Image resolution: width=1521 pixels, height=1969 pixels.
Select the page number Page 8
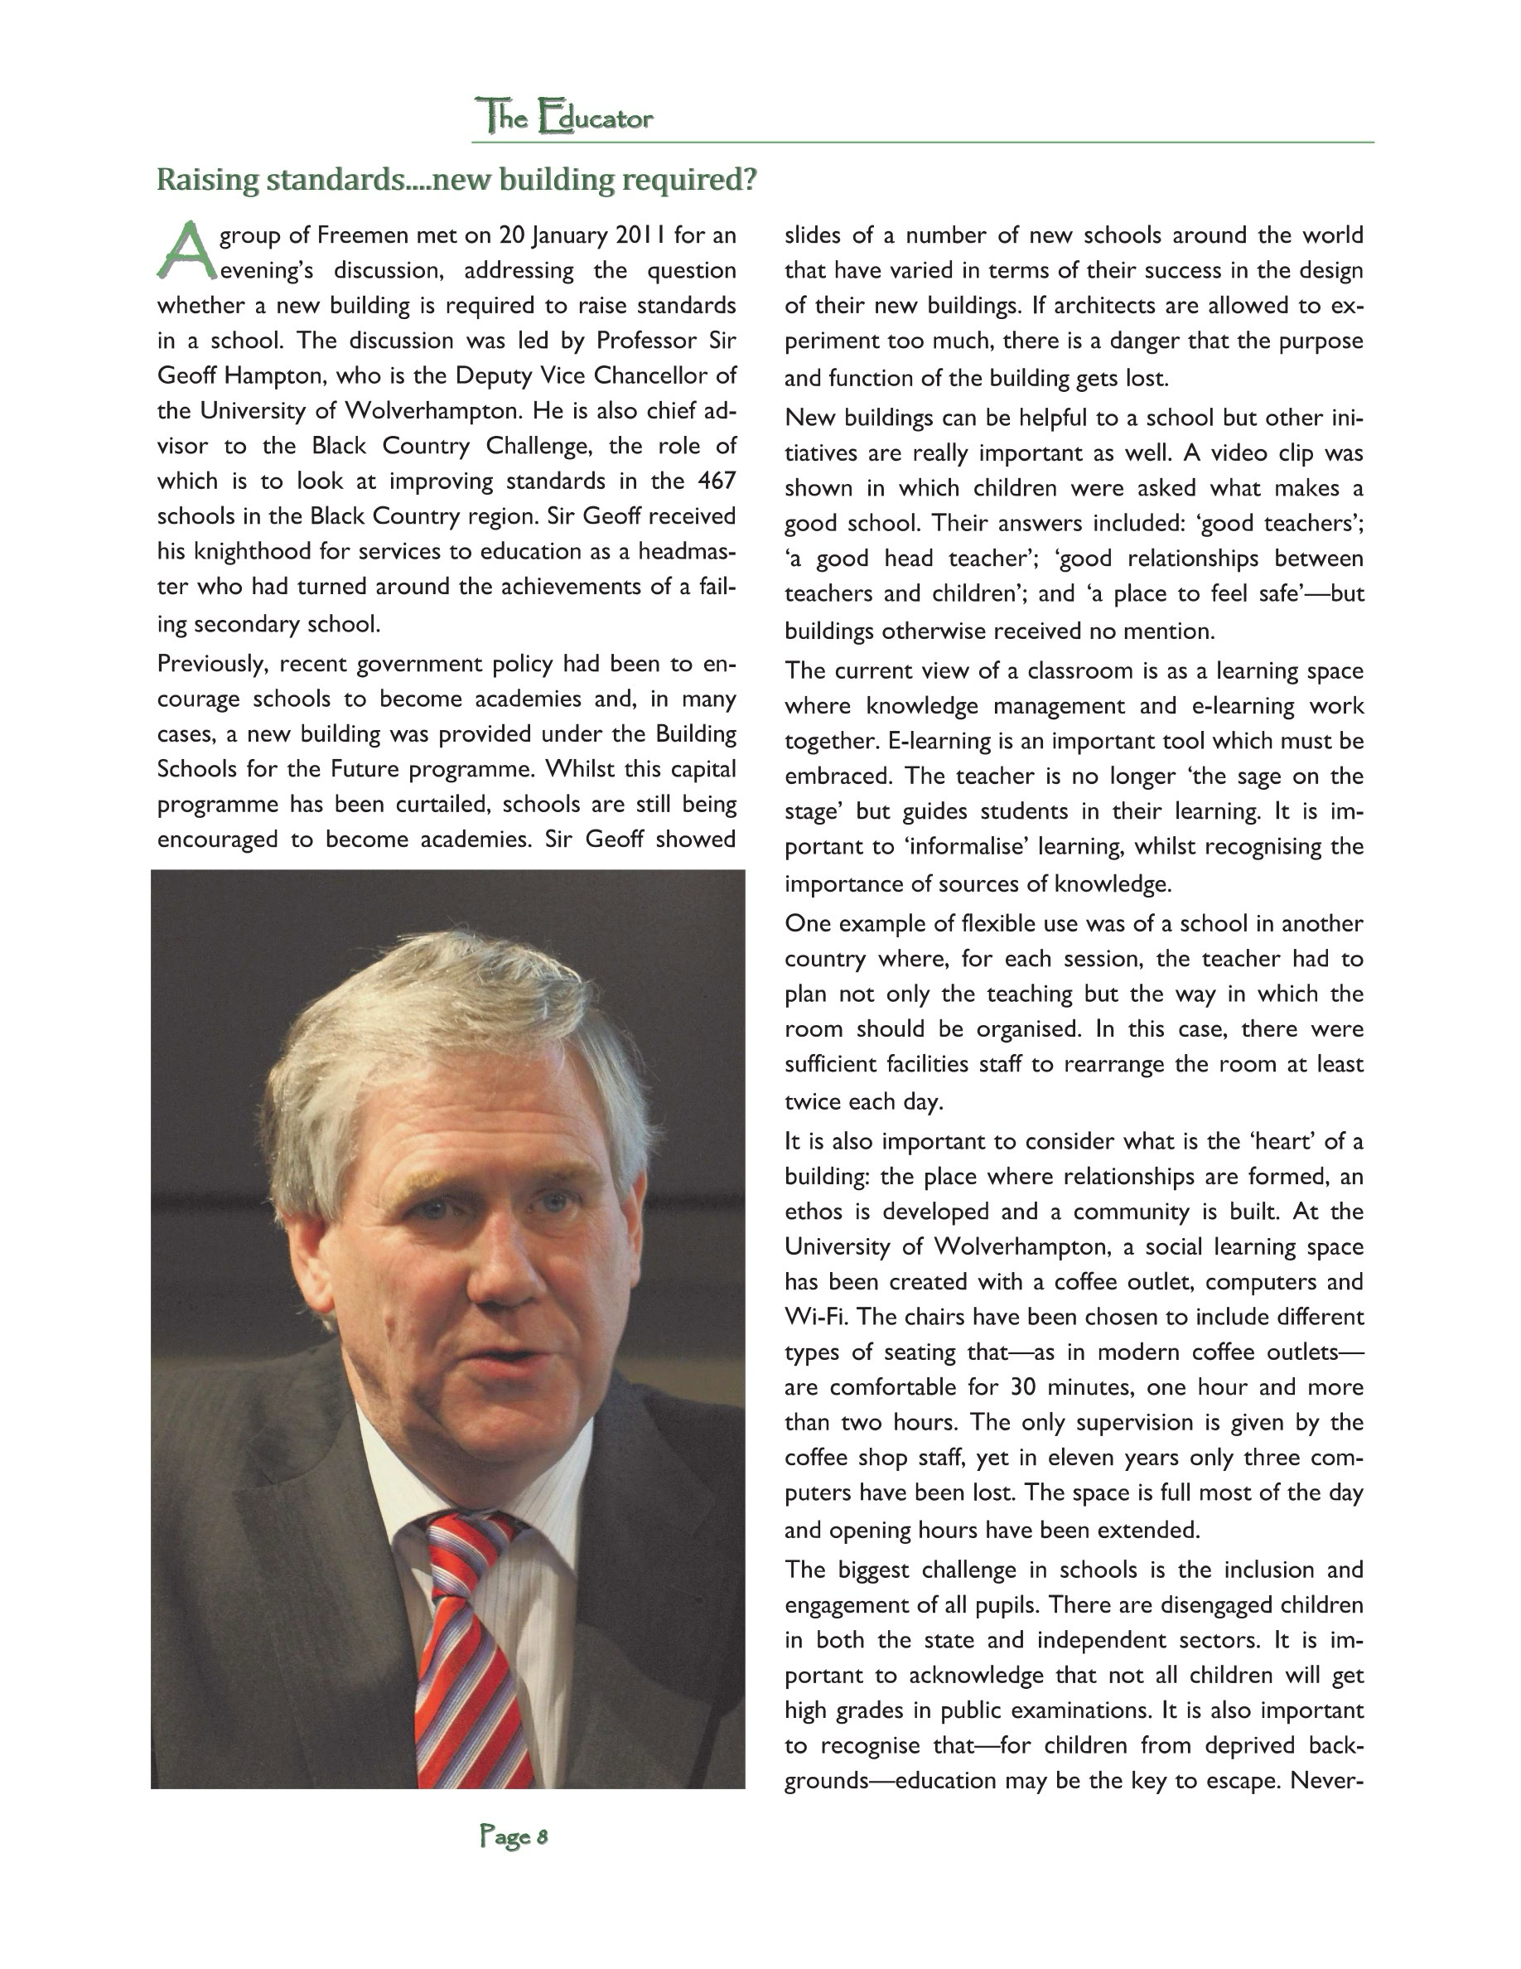(513, 1836)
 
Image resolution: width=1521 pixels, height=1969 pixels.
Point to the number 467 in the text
(717, 481)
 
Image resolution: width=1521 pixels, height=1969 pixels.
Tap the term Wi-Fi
(815, 1316)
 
